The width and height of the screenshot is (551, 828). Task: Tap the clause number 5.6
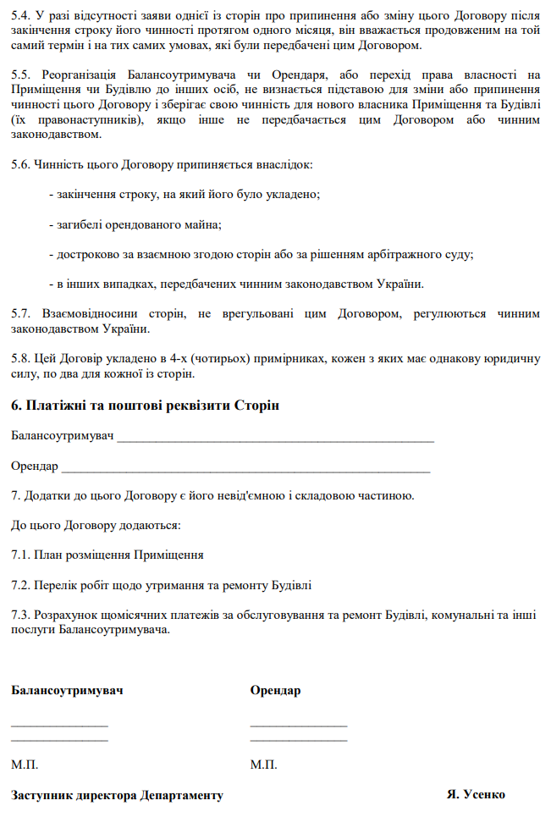point(21,164)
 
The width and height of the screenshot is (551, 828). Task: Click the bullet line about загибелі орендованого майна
point(135,224)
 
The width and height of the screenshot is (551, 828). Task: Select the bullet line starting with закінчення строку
point(184,195)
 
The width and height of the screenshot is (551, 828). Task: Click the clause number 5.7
point(21,313)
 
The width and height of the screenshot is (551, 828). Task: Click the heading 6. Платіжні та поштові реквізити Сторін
point(145,406)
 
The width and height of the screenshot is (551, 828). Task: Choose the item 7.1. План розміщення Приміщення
point(107,555)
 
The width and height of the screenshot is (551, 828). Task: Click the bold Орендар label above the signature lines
point(275,690)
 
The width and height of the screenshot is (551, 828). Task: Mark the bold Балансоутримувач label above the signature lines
point(67,690)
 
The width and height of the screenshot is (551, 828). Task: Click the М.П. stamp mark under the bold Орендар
point(263,765)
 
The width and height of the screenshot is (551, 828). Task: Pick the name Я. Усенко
point(476,795)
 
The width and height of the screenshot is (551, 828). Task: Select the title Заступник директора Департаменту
point(117,796)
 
